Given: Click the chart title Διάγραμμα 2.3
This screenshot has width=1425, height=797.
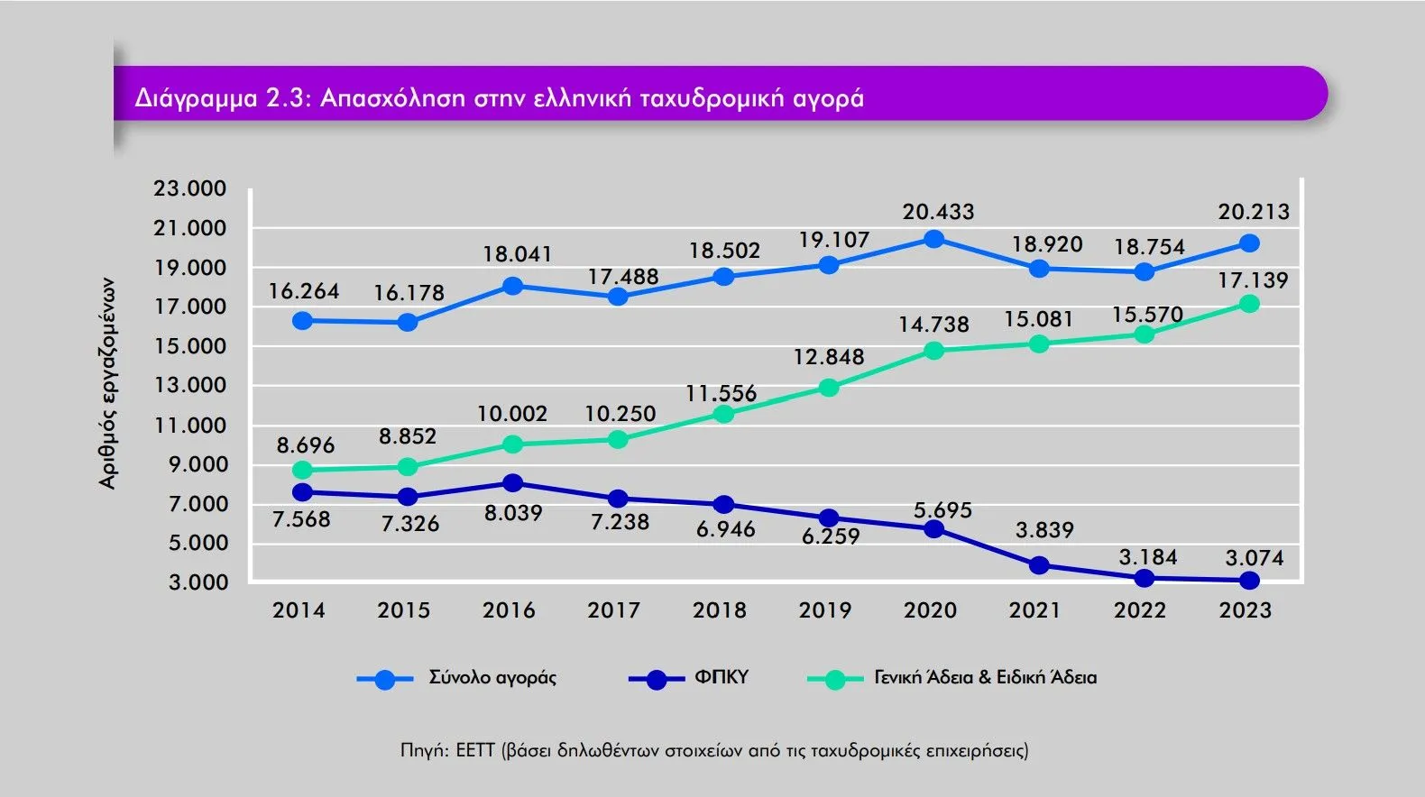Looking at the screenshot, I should [499, 96].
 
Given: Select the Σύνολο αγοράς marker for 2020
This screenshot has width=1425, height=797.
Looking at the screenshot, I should [934, 239].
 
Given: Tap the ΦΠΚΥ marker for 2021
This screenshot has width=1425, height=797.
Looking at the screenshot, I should [1039, 565].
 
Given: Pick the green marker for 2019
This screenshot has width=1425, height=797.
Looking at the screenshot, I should [829, 388].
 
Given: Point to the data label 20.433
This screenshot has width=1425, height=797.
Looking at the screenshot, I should [938, 213].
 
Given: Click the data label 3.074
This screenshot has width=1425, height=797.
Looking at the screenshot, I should [1254, 558].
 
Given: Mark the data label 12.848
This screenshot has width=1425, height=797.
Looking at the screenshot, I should [828, 357].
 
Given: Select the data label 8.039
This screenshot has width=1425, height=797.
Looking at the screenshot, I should [513, 514].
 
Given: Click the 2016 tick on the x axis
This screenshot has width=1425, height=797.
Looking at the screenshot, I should [509, 610].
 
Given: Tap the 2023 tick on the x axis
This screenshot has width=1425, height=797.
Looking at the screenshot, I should [1246, 610].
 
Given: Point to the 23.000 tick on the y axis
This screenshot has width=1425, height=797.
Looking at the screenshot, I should [189, 188].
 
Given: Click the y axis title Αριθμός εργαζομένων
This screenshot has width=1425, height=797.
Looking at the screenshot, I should [108, 383].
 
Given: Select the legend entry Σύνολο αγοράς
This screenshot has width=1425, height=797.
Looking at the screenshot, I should [492, 678].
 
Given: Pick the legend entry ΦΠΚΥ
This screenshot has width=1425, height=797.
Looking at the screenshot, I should [721, 678].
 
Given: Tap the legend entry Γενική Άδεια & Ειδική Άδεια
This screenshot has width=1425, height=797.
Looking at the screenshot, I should [985, 678].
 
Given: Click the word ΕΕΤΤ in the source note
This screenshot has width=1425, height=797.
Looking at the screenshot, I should [475, 750].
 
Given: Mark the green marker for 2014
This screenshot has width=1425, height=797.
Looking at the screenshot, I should [303, 470].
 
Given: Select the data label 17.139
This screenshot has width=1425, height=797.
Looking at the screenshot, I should [1253, 280].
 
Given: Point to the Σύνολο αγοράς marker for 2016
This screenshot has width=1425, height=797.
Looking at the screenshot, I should [512, 286].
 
